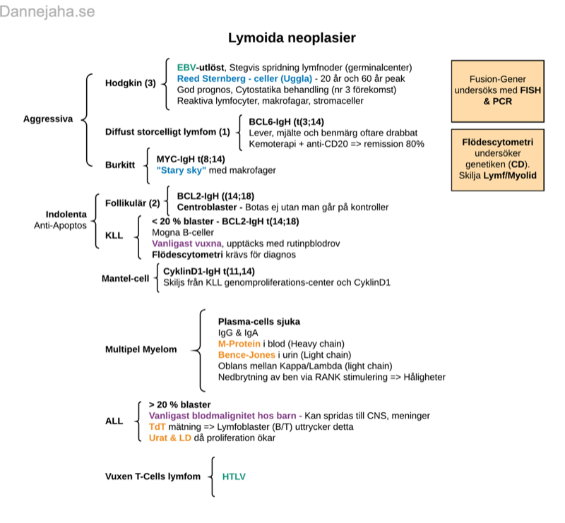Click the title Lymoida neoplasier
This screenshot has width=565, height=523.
292,37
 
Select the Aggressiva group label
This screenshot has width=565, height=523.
47,119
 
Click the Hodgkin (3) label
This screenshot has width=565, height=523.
130,83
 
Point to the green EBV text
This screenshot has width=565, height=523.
186,67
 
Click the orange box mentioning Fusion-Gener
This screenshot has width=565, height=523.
499,91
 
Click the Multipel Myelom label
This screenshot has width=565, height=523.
141,349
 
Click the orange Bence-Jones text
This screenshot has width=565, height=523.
246,354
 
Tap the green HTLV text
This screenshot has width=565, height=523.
234,477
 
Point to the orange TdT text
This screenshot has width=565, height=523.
156,426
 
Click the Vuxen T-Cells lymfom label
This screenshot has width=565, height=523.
153,477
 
